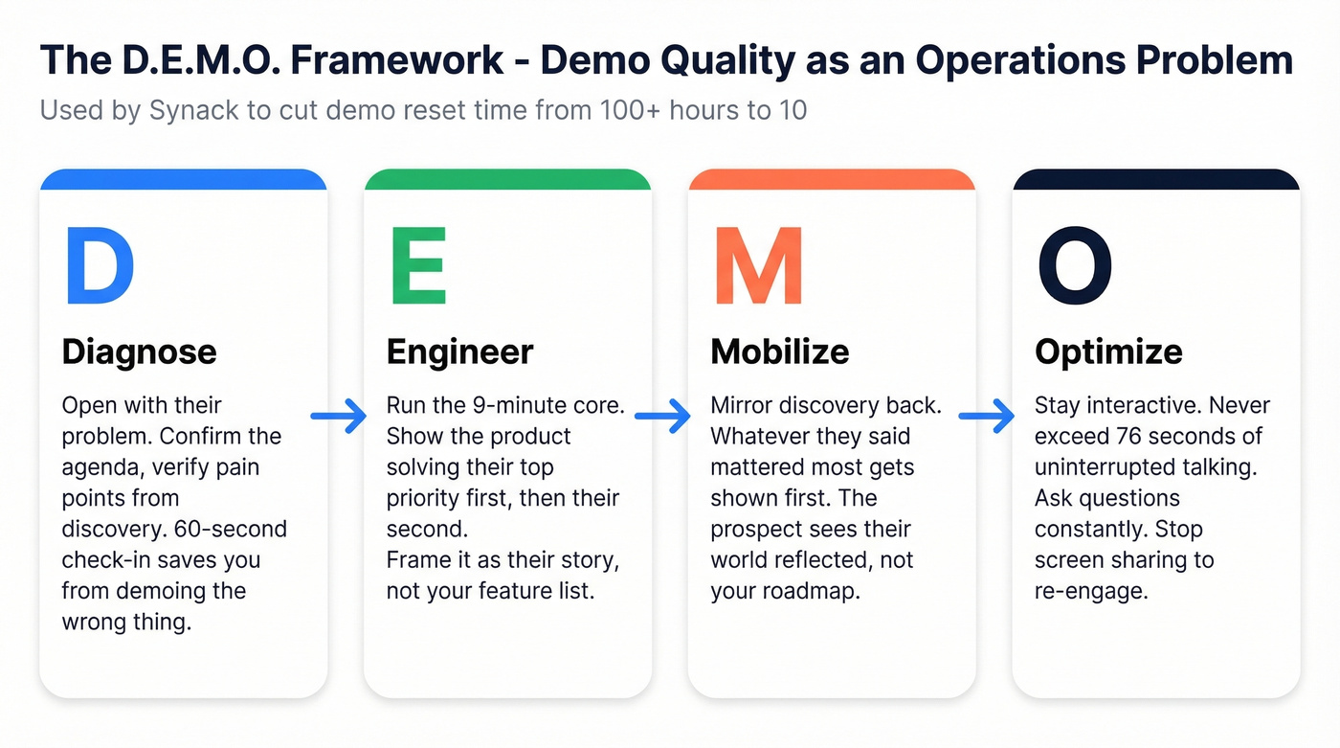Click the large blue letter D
pyautogui.click(x=99, y=265)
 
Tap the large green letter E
pyautogui.click(x=418, y=265)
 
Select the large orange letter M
pyautogui.click(x=759, y=265)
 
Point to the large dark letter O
pyautogui.click(x=1075, y=265)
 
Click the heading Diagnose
pyautogui.click(x=139, y=352)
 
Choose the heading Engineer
pyautogui.click(x=459, y=352)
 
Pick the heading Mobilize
pyautogui.click(x=779, y=352)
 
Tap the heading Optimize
pyautogui.click(x=1108, y=352)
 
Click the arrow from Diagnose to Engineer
pyautogui.click(x=340, y=416)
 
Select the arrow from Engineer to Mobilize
pyautogui.click(x=662, y=416)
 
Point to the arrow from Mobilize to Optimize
pyautogui.click(x=987, y=416)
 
